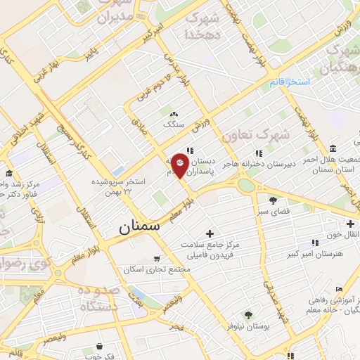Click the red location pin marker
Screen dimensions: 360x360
[x=180, y=165]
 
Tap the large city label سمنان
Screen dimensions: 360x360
[x=139, y=226]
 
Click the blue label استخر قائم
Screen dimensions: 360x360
[x=288, y=82]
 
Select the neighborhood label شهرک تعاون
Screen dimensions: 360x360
[x=245, y=134]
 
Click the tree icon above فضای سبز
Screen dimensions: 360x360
[x=273, y=200]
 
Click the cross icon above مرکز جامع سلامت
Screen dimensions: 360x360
[x=209, y=233]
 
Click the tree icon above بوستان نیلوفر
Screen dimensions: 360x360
[x=247, y=315]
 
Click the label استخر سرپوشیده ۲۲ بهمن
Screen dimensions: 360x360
[x=121, y=186]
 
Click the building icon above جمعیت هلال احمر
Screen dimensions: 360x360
[x=331, y=150]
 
